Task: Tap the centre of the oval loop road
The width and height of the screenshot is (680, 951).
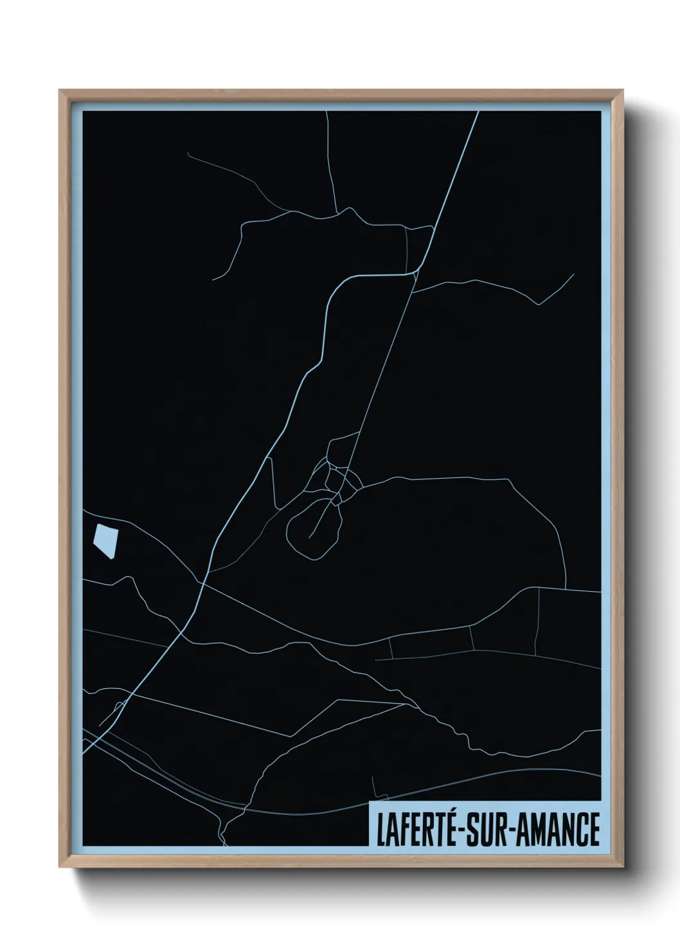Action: (312, 528)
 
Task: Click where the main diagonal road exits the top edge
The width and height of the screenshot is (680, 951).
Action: (478, 112)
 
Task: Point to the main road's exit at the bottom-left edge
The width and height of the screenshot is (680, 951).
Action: (84, 749)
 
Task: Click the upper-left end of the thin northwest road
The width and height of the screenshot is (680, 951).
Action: (188, 154)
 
